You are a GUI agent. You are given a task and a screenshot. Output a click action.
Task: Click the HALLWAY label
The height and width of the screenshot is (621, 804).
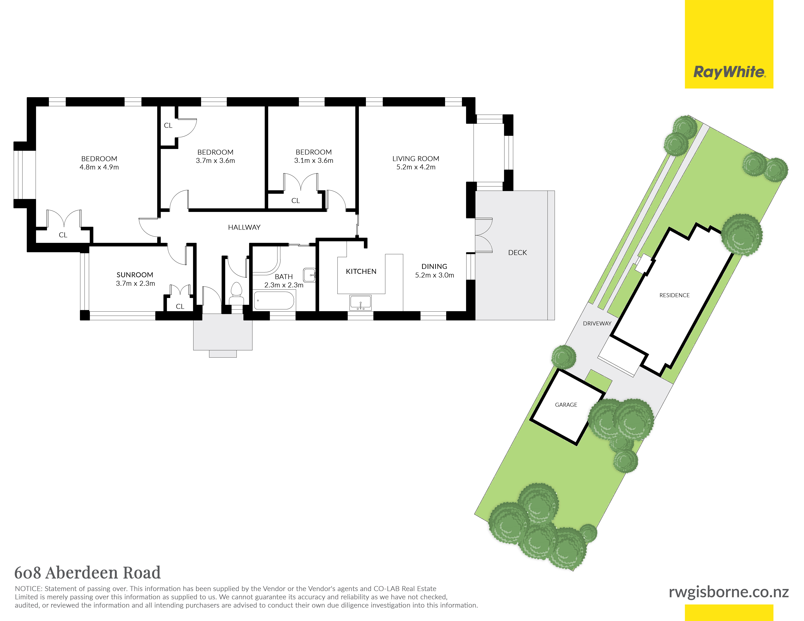(244, 227)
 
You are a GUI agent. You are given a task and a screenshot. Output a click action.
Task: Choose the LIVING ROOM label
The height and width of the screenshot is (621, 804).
(416, 159)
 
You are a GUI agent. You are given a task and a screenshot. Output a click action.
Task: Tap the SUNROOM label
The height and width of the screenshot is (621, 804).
(135, 275)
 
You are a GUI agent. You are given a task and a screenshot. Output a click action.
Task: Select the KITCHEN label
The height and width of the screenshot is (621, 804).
(361, 272)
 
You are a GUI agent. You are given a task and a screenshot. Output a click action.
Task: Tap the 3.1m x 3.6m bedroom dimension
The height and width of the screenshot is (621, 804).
(314, 160)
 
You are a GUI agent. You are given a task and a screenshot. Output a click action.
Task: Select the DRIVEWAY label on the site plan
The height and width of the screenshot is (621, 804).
(597, 323)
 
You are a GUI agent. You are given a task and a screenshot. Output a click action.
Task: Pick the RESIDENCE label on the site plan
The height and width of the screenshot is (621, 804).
(674, 295)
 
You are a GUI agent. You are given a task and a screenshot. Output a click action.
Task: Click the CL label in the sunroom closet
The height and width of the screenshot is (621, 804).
(180, 306)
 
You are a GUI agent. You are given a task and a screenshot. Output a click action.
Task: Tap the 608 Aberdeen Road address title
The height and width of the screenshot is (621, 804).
(88, 573)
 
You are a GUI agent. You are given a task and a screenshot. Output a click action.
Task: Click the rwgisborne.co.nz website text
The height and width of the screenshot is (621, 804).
(729, 592)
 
